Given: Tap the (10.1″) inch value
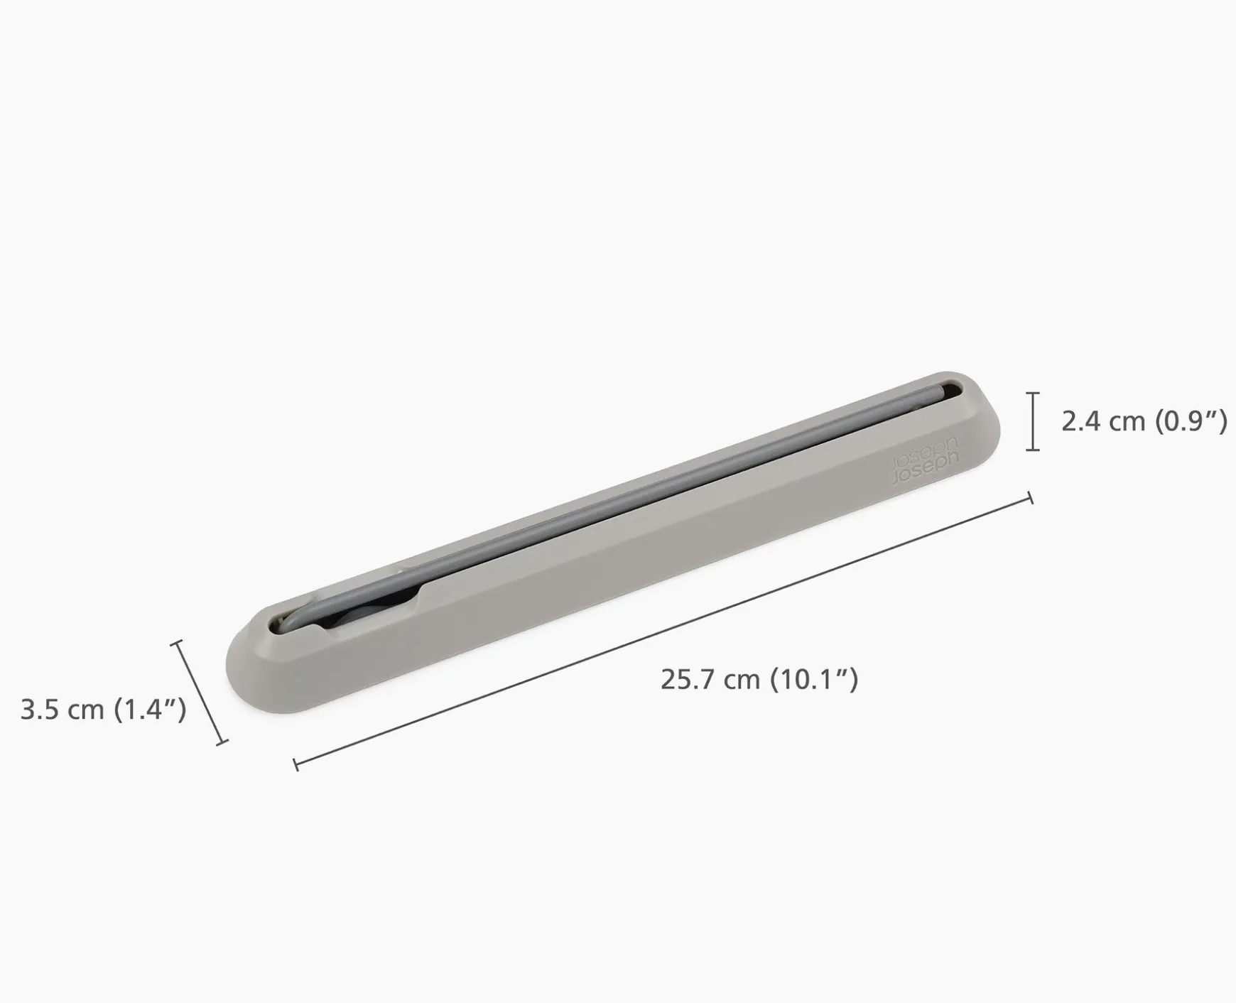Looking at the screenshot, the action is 815,679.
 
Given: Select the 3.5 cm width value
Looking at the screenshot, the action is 62,709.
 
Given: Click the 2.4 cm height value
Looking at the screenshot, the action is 1103,421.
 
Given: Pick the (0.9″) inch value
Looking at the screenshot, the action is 1191,421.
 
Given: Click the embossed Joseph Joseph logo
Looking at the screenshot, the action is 924,462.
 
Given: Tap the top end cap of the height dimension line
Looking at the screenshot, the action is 1033,392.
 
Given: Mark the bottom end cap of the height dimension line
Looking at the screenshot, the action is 1033,450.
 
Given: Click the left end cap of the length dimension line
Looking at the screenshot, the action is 296,764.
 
